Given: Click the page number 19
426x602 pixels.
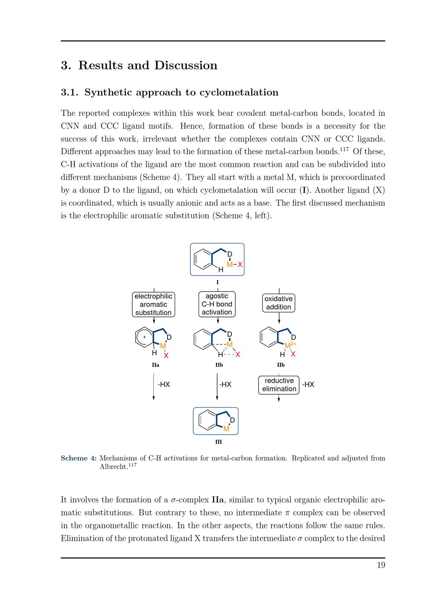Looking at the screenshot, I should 381,565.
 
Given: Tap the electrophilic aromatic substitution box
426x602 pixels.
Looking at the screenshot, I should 153,304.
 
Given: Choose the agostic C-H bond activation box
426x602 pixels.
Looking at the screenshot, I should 217,304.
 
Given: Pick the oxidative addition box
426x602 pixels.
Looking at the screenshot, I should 279,303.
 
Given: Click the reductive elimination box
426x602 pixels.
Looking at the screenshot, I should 279,385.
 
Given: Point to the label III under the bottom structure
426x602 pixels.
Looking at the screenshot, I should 218,442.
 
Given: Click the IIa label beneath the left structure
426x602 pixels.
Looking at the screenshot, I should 155,365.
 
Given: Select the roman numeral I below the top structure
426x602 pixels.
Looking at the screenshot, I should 217,282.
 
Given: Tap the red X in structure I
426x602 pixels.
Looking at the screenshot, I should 240,264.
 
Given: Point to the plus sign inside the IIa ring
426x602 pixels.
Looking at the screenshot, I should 144,337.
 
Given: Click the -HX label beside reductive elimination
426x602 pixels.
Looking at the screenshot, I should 308,384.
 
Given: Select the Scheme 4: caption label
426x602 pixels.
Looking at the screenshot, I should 79,458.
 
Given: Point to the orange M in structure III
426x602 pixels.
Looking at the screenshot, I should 226,429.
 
